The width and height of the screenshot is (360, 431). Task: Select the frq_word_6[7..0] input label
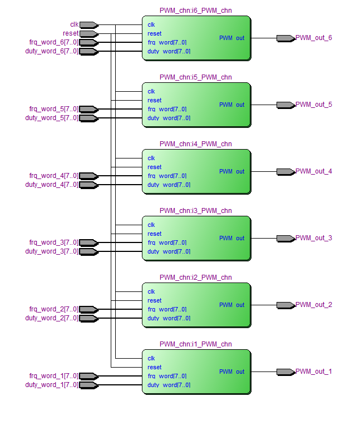click(53, 42)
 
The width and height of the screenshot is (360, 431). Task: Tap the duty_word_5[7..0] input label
click(51, 118)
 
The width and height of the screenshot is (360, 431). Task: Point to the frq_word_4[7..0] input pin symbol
click(88, 176)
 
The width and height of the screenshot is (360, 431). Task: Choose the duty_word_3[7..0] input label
click(51, 251)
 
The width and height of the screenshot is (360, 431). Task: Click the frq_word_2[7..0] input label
click(53, 309)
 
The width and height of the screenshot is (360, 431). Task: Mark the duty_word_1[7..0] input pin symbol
click(88, 385)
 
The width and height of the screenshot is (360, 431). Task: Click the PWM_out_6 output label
click(314, 38)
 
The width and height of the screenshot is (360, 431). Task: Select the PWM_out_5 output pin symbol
click(285, 105)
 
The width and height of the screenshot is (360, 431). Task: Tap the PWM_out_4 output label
click(314, 171)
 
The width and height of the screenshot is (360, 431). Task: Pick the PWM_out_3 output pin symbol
click(285, 239)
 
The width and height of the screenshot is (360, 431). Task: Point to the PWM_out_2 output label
click(314, 305)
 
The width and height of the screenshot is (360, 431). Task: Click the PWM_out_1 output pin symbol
click(285, 372)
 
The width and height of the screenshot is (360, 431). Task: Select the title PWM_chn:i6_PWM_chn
click(196, 11)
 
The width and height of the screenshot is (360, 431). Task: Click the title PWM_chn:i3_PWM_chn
click(196, 211)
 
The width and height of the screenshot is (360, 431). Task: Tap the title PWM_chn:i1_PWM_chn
click(196, 344)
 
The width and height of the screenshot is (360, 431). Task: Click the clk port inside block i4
click(151, 158)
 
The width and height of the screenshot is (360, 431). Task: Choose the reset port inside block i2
click(155, 301)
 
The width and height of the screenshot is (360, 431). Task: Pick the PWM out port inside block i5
click(231, 105)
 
